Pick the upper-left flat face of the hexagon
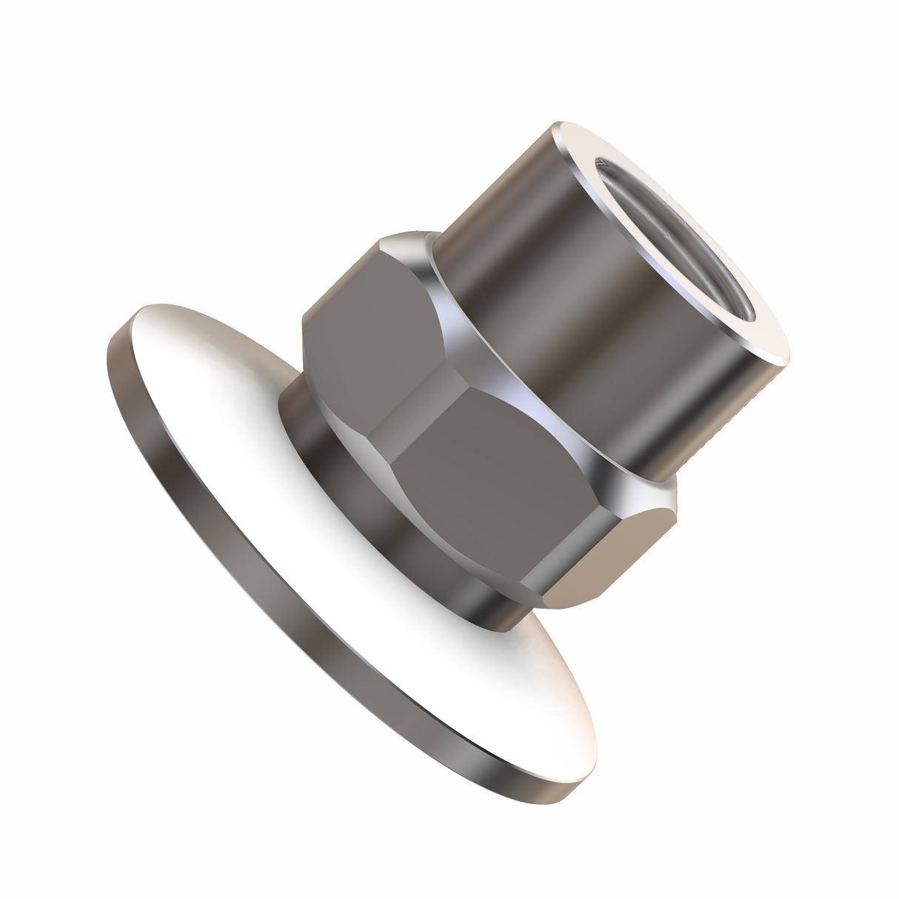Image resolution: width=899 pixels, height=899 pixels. click(355, 333)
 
